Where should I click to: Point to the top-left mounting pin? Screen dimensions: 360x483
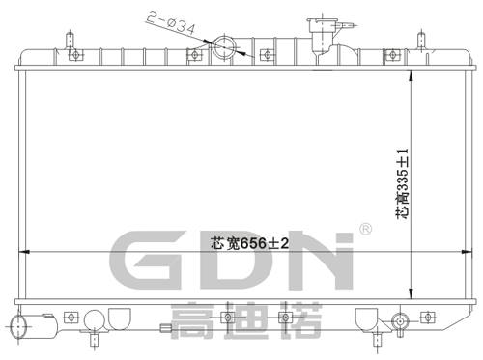click(x=71, y=42)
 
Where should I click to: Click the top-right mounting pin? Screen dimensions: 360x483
click(x=420, y=42)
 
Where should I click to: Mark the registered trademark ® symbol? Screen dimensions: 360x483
click(x=365, y=230)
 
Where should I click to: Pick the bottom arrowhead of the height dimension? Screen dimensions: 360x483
click(x=413, y=294)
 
